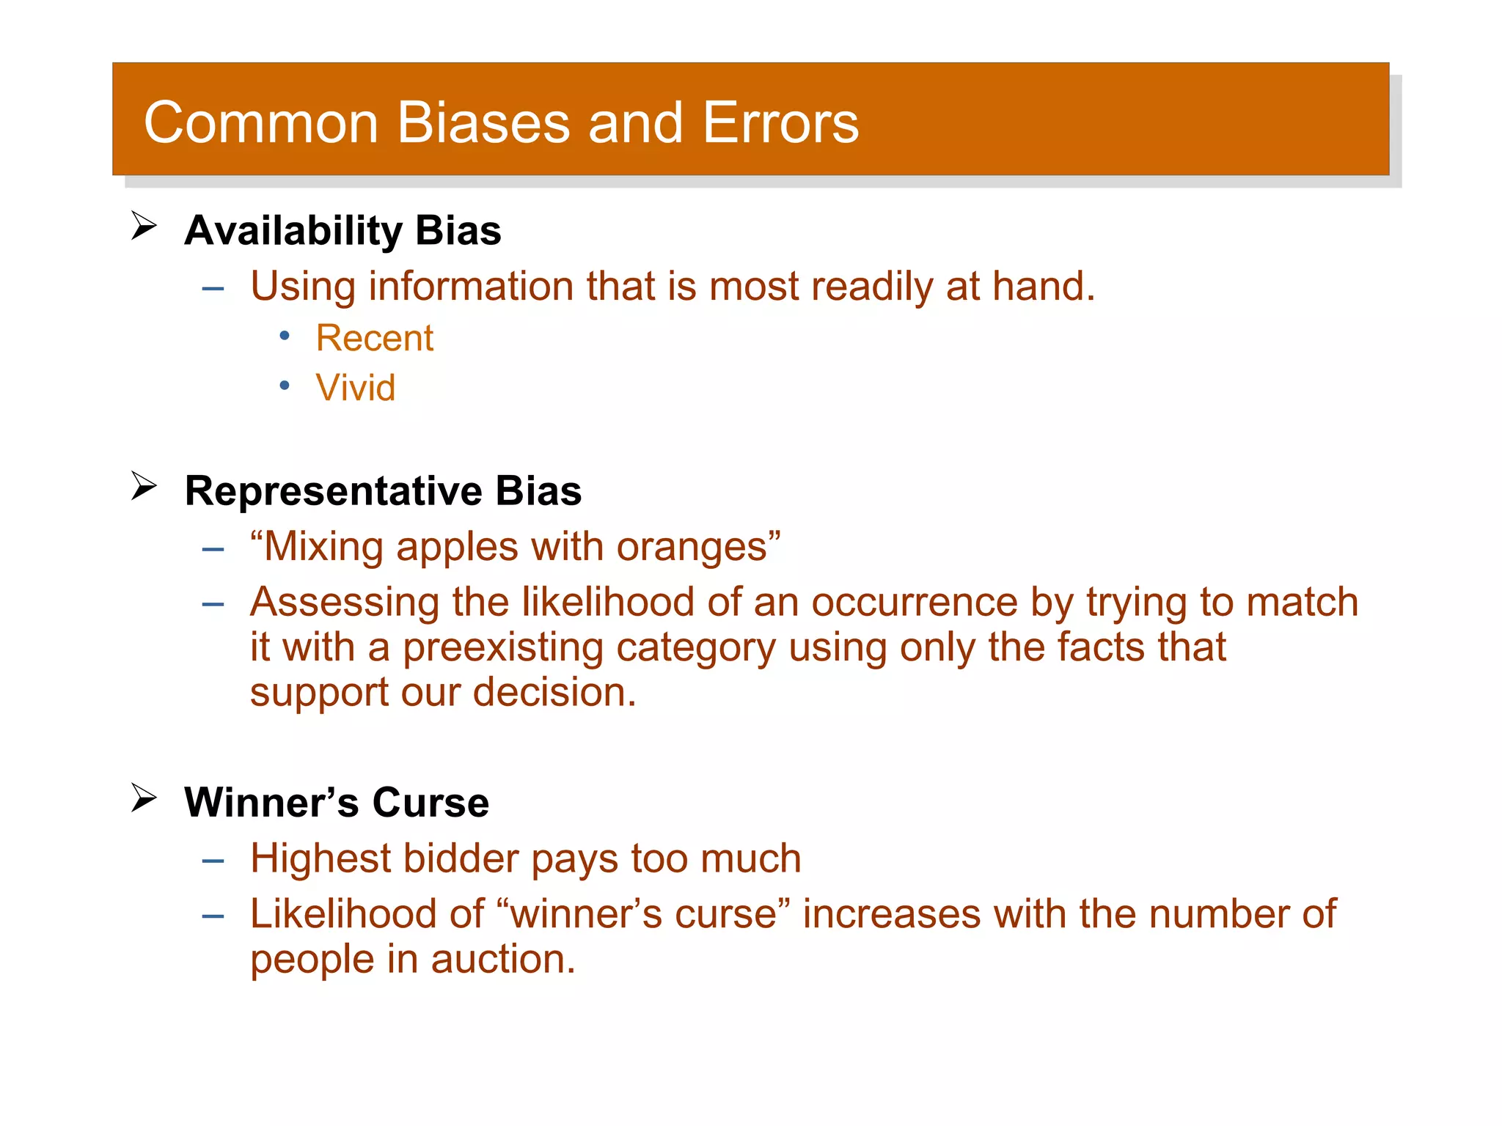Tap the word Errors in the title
point(780,122)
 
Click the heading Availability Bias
point(342,231)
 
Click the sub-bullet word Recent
point(375,339)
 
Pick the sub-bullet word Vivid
point(356,388)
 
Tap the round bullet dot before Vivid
point(285,386)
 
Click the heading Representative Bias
point(383,491)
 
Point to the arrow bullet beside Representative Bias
point(144,485)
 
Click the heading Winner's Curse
point(337,803)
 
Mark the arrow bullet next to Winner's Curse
point(144,798)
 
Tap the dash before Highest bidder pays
point(213,861)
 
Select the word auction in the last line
point(502,960)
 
